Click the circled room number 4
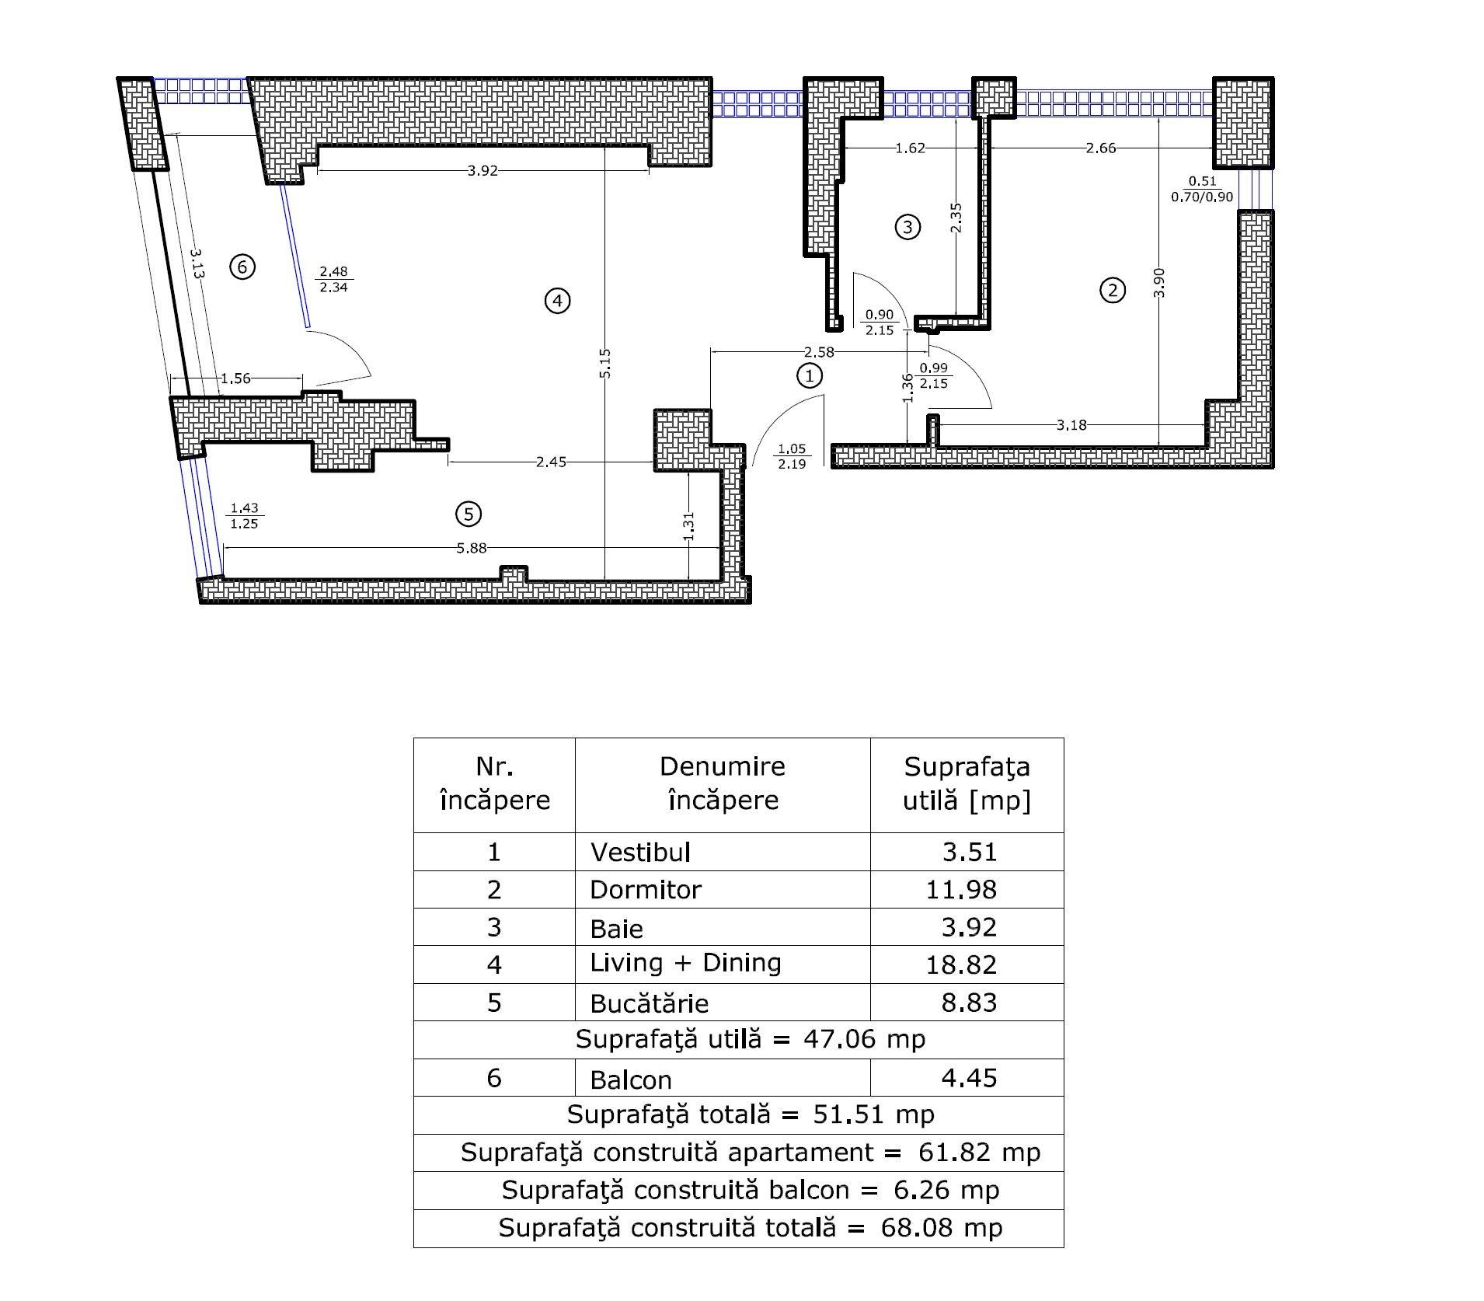coord(558,301)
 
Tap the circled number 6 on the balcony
coord(242,267)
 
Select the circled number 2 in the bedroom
coord(1113,291)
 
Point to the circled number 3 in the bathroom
coord(907,227)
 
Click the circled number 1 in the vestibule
coord(810,375)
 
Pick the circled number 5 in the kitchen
coord(469,514)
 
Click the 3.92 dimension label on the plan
coord(482,171)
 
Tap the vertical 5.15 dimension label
coord(606,364)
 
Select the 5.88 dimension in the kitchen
coord(472,548)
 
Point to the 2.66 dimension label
coord(1101,148)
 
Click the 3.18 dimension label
coord(1071,425)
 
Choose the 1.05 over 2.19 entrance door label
coord(792,456)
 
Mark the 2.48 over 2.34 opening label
coord(333,279)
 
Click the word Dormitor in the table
coord(646,890)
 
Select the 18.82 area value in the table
coord(961,964)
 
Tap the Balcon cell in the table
coord(631,1080)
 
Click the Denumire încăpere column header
coord(723,783)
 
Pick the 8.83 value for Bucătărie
coord(969,1003)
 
